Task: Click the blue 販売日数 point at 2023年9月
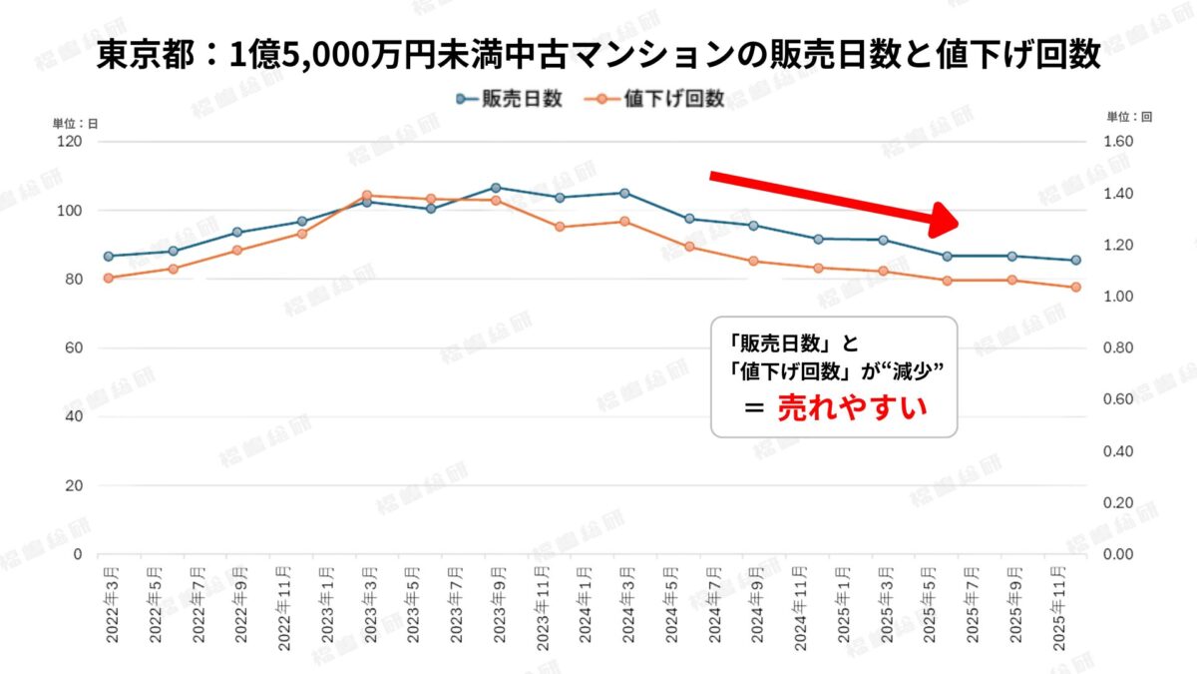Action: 496,188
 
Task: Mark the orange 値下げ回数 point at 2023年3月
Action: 367,196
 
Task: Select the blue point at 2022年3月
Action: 109,257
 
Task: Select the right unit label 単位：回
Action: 1129,117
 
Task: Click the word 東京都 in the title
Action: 139,55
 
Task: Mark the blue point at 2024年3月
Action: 624,193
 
